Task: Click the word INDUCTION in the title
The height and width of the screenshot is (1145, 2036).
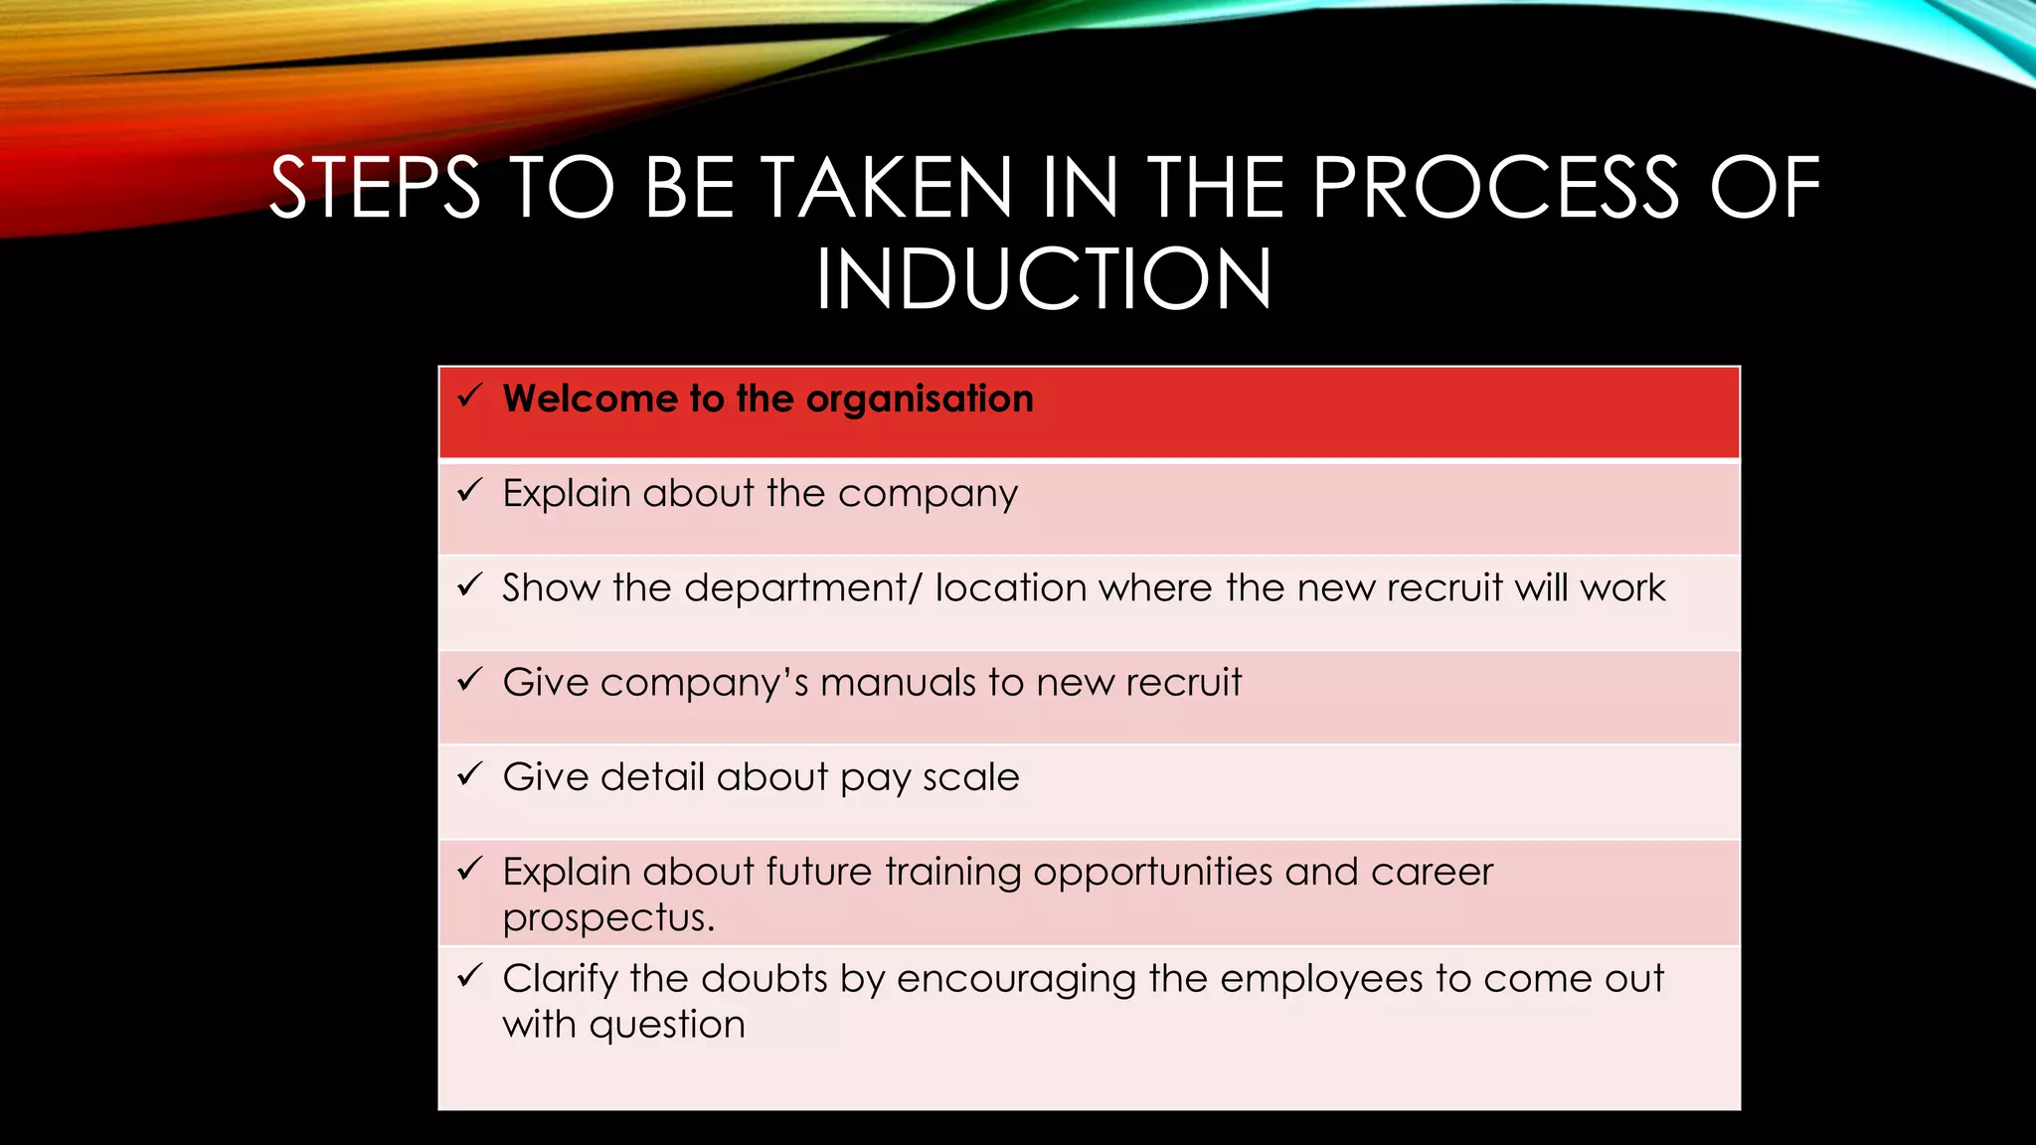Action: point(1044,279)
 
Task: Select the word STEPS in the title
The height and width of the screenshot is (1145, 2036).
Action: point(376,188)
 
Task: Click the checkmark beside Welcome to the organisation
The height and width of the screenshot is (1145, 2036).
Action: point(469,397)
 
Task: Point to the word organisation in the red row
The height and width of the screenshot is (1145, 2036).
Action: point(920,400)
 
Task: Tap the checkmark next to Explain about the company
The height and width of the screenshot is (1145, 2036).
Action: point(469,490)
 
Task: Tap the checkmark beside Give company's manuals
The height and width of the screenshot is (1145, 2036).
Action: point(469,680)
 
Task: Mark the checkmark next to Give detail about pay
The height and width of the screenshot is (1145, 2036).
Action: point(469,774)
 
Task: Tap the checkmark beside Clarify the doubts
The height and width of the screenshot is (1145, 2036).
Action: point(469,976)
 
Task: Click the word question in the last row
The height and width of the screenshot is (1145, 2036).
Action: point(667,1026)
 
